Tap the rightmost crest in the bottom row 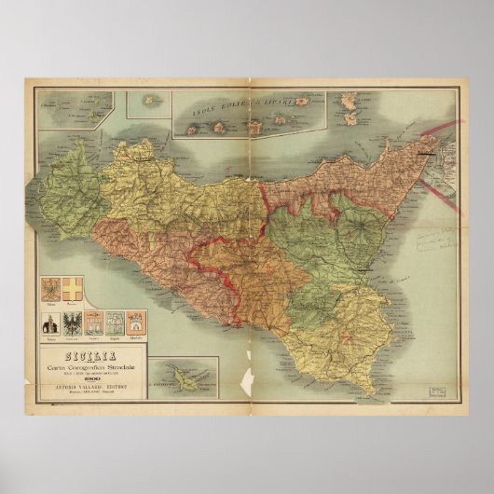134,322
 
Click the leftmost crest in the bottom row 49,322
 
